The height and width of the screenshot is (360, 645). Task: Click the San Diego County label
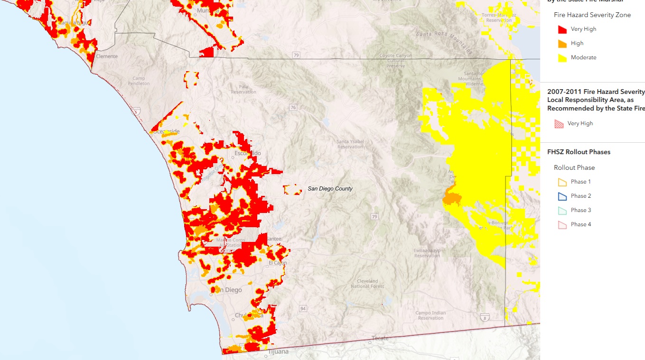(330, 189)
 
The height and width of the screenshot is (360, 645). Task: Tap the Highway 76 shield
(293, 108)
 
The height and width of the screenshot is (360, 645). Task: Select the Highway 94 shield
(303, 309)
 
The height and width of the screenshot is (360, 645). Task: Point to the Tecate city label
(380, 338)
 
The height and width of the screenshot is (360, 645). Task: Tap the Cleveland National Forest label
(367, 284)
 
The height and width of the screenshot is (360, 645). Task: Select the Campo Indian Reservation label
(430, 315)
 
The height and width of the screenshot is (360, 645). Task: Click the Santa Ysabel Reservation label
(350, 144)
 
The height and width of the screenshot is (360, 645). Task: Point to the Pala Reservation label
(243, 89)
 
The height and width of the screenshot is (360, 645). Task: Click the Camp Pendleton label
(138, 81)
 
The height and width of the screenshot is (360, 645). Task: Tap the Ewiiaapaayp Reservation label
(427, 252)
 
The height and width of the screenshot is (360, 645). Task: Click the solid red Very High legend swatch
(562, 29)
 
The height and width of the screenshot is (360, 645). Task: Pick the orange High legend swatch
(562, 44)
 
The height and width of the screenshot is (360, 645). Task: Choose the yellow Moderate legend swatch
(562, 58)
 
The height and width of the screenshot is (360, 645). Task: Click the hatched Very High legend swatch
(560, 124)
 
